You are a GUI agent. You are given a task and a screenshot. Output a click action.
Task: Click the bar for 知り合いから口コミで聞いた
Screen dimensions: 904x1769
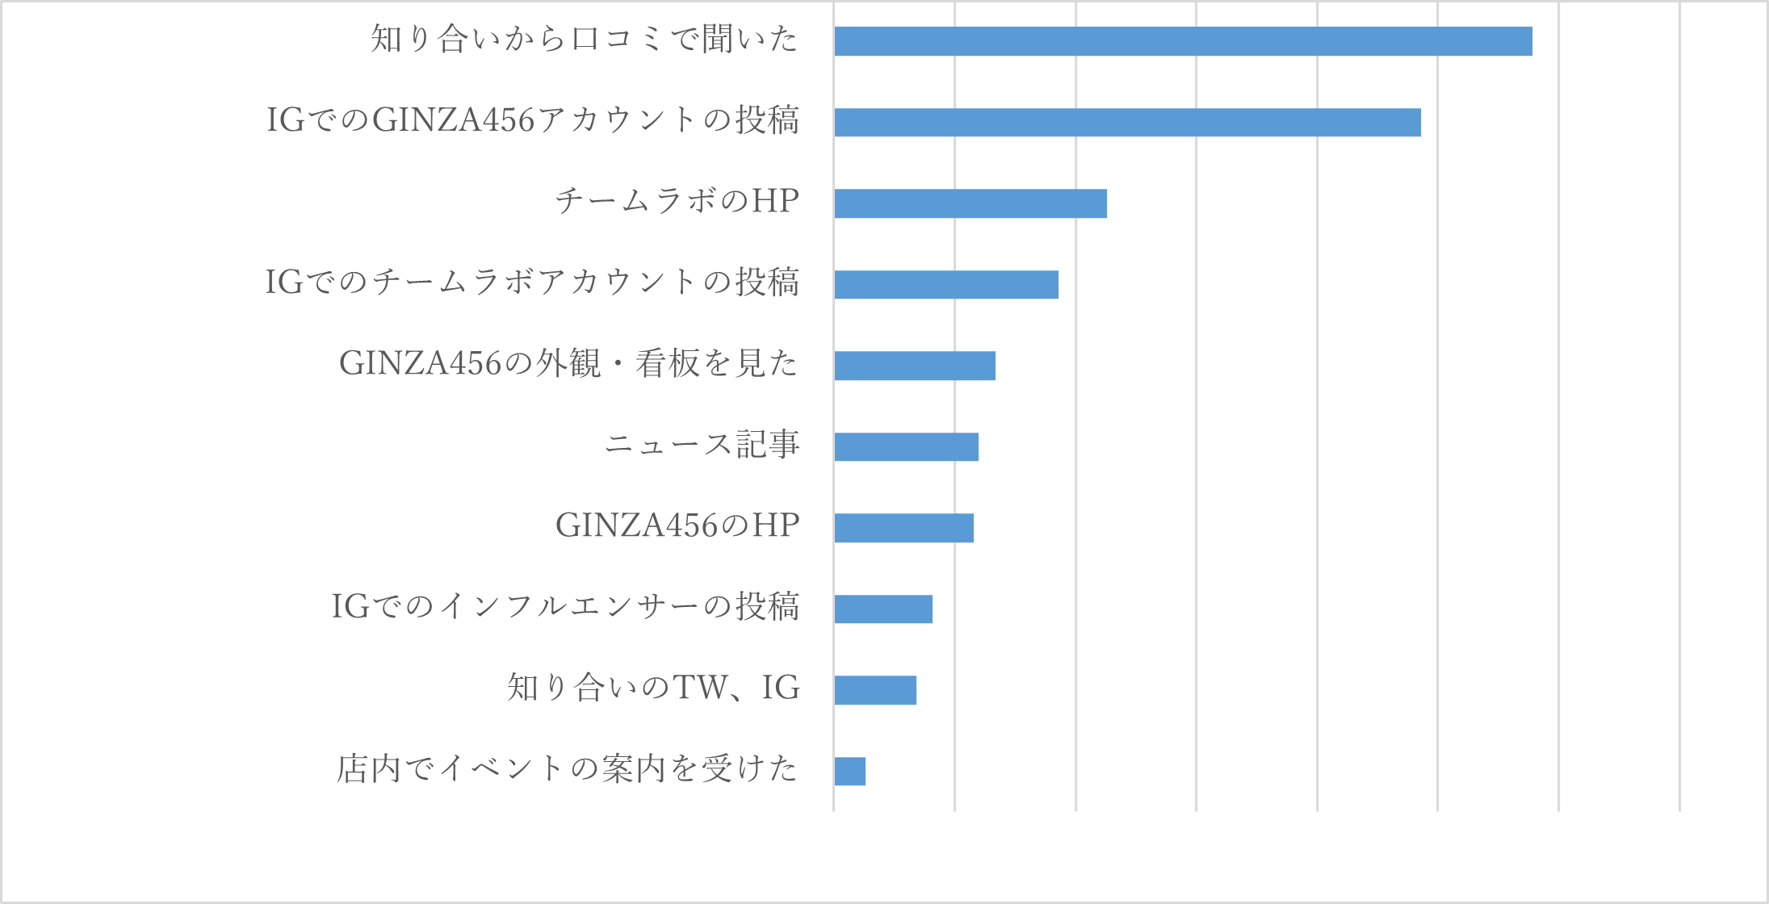tap(1183, 41)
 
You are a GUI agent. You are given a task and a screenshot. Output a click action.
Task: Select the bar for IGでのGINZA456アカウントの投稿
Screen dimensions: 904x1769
tap(1127, 122)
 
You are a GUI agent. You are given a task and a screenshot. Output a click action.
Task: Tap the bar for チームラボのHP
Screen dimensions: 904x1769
tap(970, 203)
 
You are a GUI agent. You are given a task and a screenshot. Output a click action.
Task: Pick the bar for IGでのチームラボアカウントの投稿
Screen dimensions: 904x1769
tap(946, 284)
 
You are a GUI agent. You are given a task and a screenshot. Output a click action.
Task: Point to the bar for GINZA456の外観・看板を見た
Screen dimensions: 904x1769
tap(915, 366)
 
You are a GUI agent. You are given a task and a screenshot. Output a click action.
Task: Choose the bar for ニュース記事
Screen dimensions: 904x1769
tap(906, 446)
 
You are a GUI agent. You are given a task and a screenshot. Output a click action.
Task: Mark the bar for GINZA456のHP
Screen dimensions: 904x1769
tap(903, 528)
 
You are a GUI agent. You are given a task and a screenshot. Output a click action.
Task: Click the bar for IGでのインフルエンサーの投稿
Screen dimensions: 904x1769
tap(883, 609)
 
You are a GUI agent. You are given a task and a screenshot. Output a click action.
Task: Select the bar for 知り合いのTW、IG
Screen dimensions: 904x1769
tap(875, 690)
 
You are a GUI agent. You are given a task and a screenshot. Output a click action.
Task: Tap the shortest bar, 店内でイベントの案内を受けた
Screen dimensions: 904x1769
tap(849, 771)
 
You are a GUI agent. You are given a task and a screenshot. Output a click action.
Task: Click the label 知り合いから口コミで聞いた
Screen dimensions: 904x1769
tap(585, 39)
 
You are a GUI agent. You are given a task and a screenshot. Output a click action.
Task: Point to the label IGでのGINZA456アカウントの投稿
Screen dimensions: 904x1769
tap(533, 119)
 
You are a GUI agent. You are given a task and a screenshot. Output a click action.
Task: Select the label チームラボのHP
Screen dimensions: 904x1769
tap(677, 200)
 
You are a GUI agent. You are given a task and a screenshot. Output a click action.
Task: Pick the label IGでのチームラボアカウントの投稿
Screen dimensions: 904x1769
tap(532, 282)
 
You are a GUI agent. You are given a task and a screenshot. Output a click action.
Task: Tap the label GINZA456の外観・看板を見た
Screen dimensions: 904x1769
tap(568, 363)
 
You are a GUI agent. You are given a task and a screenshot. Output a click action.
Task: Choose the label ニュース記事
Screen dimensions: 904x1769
tap(702, 444)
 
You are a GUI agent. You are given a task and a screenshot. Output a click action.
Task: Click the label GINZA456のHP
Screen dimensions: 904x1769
tap(677, 525)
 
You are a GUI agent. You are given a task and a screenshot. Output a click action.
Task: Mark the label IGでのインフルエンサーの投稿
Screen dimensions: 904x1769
tap(565, 606)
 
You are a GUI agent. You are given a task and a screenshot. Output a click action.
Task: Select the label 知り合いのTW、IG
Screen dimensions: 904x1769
tap(653, 688)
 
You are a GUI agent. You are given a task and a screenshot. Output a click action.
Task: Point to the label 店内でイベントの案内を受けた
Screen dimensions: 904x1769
tap(568, 768)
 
